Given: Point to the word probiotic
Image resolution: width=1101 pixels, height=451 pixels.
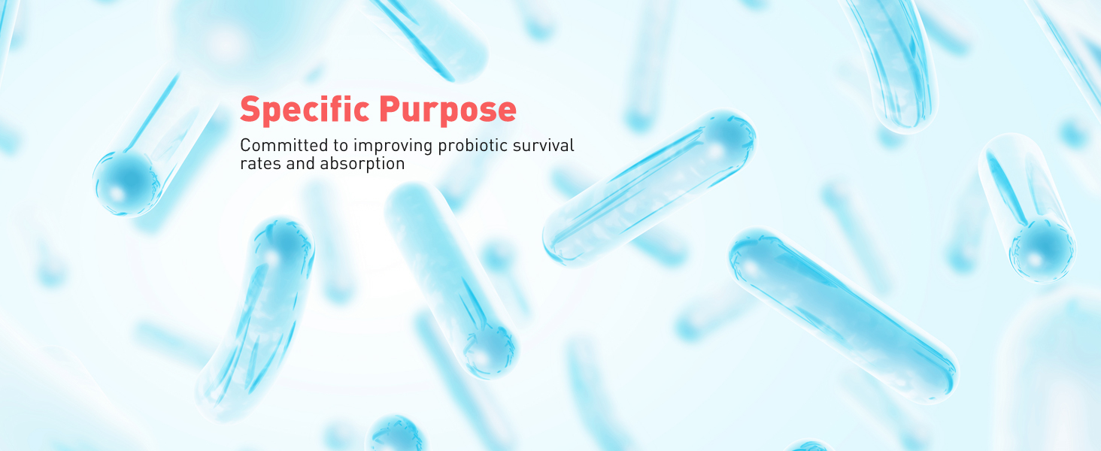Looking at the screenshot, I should [467, 145].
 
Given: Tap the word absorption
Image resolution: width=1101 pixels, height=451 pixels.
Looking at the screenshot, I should [362, 164].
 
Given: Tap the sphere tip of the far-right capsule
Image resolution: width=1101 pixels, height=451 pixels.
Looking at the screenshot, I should [1042, 249].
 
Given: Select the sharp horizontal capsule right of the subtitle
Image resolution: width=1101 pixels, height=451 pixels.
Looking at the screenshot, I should [648, 188].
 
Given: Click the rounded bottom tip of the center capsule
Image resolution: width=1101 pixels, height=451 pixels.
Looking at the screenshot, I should [489, 350].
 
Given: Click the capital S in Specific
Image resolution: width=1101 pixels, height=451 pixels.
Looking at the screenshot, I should [250, 110].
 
